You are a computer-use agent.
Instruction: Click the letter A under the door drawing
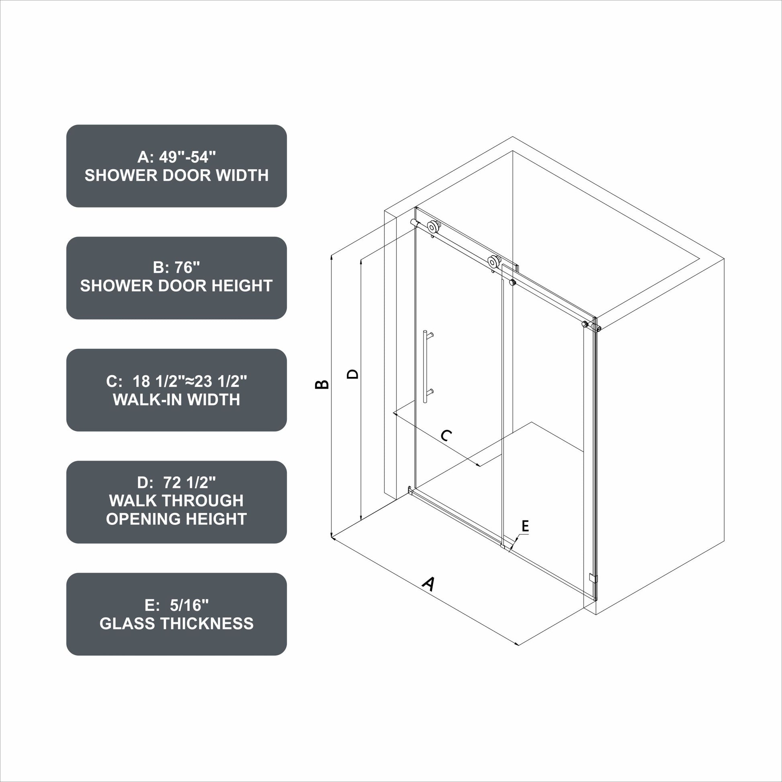(428, 583)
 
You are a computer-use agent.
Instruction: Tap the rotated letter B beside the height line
(322, 384)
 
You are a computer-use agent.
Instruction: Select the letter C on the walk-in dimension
(446, 436)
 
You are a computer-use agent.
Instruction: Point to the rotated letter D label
(353, 374)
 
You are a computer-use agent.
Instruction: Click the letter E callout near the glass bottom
(525, 526)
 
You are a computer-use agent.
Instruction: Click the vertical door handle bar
(425, 366)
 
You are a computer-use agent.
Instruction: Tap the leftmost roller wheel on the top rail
(434, 226)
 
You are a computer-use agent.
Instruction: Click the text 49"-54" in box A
(187, 157)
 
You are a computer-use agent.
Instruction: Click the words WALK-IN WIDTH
(176, 399)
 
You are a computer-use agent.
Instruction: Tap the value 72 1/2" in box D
(189, 483)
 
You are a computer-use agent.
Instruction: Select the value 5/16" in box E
(189, 605)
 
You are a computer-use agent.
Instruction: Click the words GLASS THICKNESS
(176, 623)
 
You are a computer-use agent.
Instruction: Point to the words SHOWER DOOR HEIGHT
(176, 286)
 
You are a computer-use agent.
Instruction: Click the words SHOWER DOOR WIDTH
(176, 175)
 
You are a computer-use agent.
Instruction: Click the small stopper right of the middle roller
(512, 282)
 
